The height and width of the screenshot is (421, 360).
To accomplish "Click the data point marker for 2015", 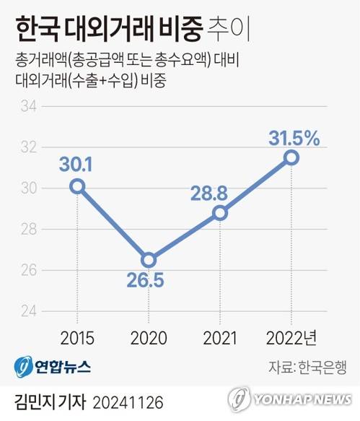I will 77,186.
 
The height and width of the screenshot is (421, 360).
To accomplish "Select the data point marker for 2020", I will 148,260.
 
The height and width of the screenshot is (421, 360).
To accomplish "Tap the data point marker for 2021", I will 220,213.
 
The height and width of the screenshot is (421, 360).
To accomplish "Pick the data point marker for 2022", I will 291,157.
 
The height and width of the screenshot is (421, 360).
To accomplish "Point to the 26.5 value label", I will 149,281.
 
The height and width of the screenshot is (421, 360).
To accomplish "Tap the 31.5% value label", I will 294,137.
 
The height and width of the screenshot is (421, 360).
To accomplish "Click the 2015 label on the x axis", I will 76,338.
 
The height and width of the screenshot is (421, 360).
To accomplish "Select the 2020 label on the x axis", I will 149,338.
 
